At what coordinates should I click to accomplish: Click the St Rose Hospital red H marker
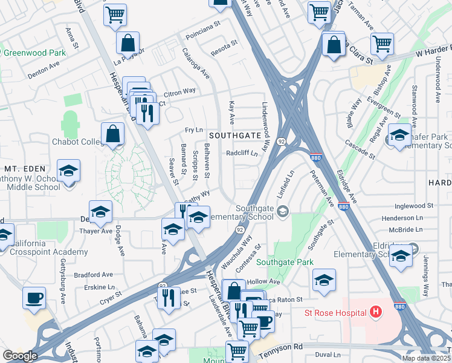pyautogui.click(x=376, y=313)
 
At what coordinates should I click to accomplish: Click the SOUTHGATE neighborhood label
pyautogui.click(x=234, y=136)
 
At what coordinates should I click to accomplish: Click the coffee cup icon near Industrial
pyautogui.click(x=34, y=298)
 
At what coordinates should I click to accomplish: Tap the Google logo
pyautogui.click(x=19, y=356)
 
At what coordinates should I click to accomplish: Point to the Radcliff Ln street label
pyautogui.click(x=242, y=154)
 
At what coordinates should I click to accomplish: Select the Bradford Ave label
pyautogui.click(x=97, y=274)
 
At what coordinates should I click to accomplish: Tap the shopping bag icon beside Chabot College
pyautogui.click(x=113, y=134)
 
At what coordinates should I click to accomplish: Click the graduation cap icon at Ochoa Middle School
pyautogui.click(x=68, y=171)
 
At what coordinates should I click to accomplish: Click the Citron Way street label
pyautogui.click(x=179, y=91)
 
